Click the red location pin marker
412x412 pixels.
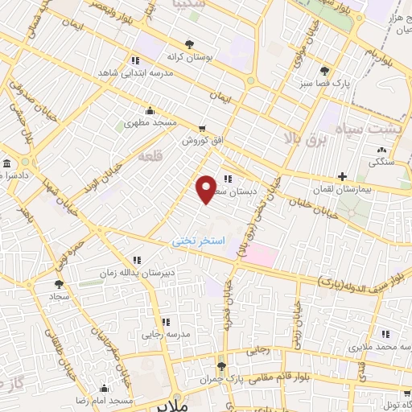click(207, 188)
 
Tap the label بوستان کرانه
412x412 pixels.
click(188, 58)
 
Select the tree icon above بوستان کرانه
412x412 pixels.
click(189, 45)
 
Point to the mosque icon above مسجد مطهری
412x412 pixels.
click(150, 111)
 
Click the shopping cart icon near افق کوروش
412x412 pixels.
click(202, 127)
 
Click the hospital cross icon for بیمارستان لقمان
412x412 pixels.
click(342, 176)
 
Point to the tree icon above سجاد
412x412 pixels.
click(58, 284)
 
